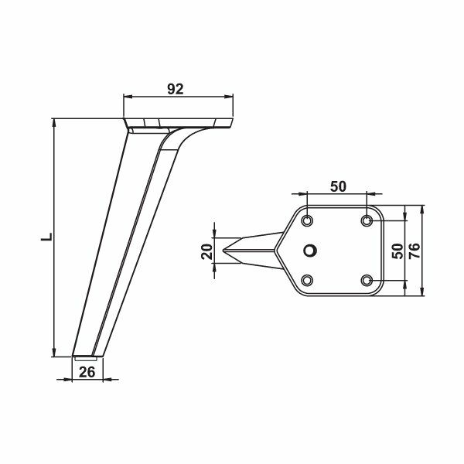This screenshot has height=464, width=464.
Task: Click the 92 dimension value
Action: [175, 88]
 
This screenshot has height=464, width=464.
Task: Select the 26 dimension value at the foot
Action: [87, 372]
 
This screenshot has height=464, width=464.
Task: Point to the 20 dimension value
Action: [206, 251]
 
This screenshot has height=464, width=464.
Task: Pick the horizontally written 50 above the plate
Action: [337, 186]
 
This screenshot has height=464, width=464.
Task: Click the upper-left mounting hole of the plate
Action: [308, 221]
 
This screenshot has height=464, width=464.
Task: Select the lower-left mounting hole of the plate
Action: [308, 279]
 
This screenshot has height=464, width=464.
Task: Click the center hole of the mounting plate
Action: [310, 251]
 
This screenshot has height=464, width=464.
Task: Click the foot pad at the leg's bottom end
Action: [86, 356]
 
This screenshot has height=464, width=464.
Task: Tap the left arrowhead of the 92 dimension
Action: [128, 97]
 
